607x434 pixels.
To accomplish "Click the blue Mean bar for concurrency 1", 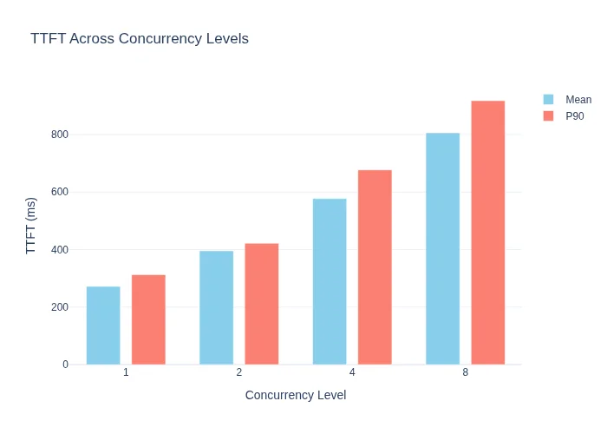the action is pos(103,325).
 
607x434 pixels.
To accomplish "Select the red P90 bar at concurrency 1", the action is pos(148,319).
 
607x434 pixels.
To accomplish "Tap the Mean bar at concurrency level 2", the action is pos(217,307).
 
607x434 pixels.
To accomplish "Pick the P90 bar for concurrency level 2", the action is pos(262,304).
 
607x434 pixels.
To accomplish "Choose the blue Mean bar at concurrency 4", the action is pos(330,282).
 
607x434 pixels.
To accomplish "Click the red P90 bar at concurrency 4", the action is pos(375,267).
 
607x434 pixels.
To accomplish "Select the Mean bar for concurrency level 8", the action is pos(443,249).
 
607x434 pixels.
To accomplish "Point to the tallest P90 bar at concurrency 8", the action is pos(488,233).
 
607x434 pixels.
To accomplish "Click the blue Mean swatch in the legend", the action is pos(548,100).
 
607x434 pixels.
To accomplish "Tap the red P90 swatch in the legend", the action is pos(548,115).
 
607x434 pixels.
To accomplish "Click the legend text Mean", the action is pos(578,100).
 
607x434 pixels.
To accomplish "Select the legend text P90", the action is pos(575,116).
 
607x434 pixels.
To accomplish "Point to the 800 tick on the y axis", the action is pos(60,135).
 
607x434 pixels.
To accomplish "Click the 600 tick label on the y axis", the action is pos(60,192).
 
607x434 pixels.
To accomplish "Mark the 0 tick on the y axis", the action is pos(65,365).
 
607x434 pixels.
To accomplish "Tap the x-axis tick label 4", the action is pos(352,372).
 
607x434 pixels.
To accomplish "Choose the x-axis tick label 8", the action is pos(466,372).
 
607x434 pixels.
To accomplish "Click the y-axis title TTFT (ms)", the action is pos(30,226).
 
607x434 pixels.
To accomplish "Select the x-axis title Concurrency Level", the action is pos(296,395).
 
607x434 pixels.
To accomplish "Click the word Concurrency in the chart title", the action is pos(160,39).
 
